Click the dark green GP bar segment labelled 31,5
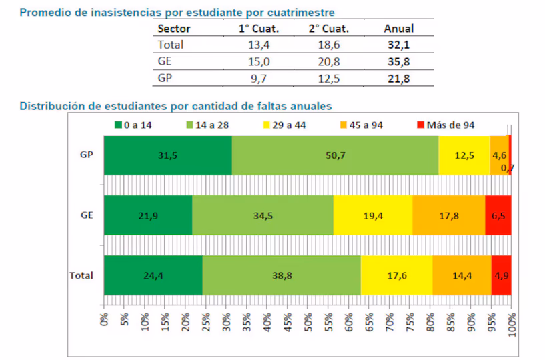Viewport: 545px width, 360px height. coord(167,155)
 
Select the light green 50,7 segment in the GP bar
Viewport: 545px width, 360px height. coord(335,155)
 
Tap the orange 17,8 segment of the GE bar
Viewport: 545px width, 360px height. coord(448,215)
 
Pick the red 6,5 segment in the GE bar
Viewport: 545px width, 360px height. coord(498,215)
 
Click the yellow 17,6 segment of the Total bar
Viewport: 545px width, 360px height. coord(396,275)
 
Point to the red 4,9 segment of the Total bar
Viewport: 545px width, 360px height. coord(501,275)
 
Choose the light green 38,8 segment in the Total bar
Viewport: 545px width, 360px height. coord(281,275)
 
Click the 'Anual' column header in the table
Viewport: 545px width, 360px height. coord(399,29)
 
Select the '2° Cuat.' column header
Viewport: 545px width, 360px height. coord(328,29)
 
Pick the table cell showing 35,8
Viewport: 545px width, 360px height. coord(399,62)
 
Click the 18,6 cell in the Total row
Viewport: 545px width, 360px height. coord(328,45)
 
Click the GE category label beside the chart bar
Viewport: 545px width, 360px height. coord(85,215)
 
